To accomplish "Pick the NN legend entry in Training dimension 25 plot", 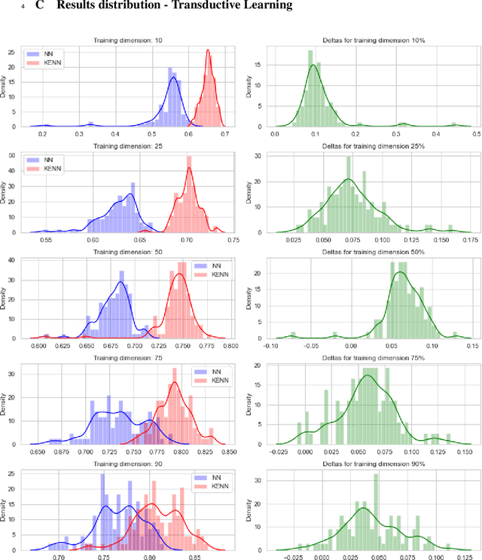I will (46, 160).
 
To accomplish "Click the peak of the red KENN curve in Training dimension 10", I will (209, 53).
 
